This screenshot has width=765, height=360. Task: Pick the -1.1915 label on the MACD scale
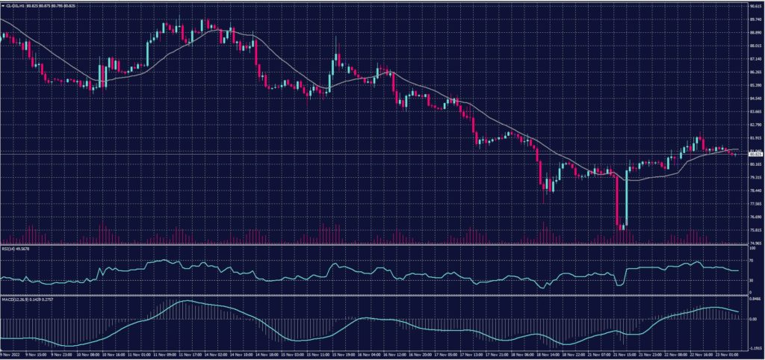click(755, 347)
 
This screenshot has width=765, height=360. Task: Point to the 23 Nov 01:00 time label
click(724, 356)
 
